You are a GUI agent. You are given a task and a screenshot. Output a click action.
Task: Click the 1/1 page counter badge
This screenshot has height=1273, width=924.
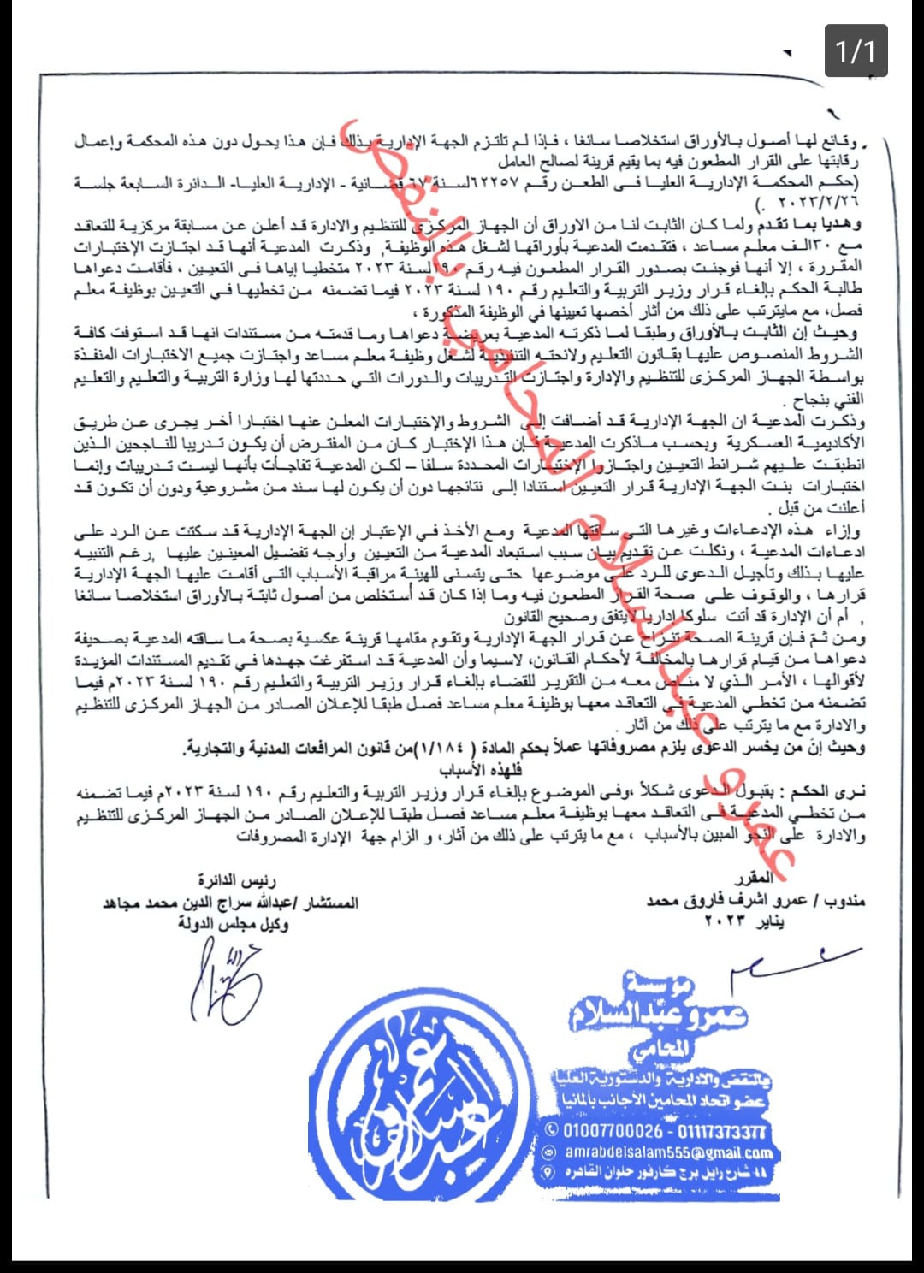coord(856,52)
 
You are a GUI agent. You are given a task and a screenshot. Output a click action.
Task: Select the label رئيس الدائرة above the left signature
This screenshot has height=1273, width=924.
coord(237,880)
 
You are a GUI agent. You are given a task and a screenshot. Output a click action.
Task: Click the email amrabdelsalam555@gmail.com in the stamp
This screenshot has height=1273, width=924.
coord(668,1152)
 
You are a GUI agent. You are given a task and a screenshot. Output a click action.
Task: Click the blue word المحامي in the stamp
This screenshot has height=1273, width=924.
coord(659,1047)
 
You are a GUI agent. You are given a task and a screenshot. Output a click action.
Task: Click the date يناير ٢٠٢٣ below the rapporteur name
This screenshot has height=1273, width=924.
coord(744,921)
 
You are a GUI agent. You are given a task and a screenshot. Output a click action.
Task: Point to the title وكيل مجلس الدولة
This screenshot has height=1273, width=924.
coord(233,923)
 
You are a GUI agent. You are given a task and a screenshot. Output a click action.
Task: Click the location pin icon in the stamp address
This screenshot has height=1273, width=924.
coord(548,1172)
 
